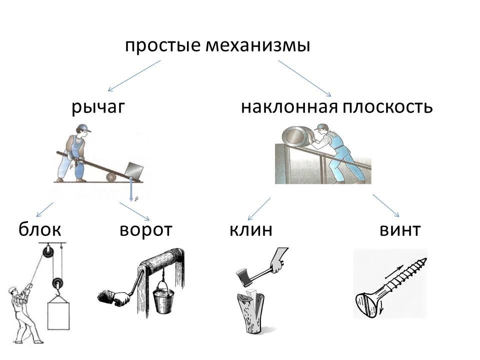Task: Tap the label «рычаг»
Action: coord(97,107)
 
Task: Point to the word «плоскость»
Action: coord(388,107)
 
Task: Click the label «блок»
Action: coord(40,229)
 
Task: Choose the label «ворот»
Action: coord(146,229)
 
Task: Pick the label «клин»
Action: coord(251,229)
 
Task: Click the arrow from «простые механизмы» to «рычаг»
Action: coord(134,76)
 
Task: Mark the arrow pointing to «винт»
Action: coord(386,206)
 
